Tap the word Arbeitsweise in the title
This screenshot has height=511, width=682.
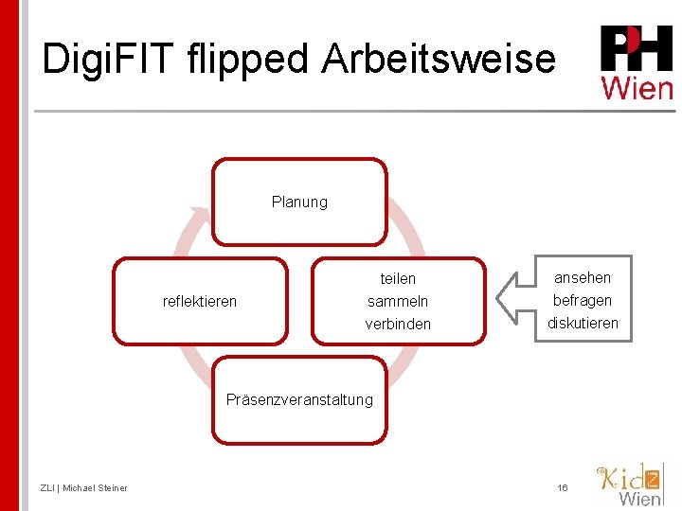click(438, 60)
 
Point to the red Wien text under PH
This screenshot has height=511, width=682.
click(637, 88)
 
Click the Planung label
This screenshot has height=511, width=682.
click(299, 202)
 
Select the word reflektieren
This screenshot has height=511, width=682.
click(200, 301)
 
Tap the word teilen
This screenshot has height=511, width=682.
click(398, 278)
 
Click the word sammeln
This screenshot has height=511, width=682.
click(398, 301)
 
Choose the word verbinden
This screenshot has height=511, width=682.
click(398, 324)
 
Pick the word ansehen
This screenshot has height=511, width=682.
click(583, 277)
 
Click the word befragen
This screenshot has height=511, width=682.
click(583, 300)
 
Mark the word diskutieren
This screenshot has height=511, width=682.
click(583, 323)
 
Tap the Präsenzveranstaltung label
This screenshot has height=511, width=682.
click(299, 399)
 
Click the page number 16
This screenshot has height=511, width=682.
click(563, 487)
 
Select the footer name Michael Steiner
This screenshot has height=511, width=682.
click(95, 487)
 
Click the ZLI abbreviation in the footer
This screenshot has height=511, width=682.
click(47, 487)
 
